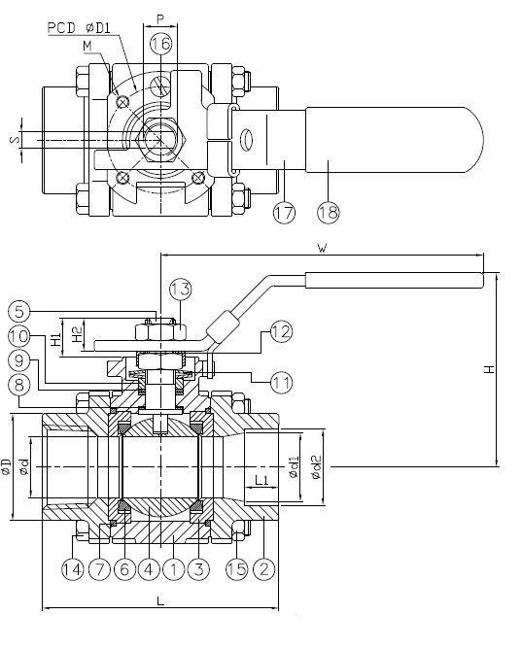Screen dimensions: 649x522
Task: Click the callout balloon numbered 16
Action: (x=160, y=44)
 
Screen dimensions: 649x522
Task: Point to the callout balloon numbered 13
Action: (x=180, y=289)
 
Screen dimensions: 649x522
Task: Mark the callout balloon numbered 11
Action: (x=281, y=383)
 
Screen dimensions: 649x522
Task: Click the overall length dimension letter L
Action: (x=159, y=602)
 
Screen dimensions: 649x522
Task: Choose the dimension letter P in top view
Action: (x=159, y=17)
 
